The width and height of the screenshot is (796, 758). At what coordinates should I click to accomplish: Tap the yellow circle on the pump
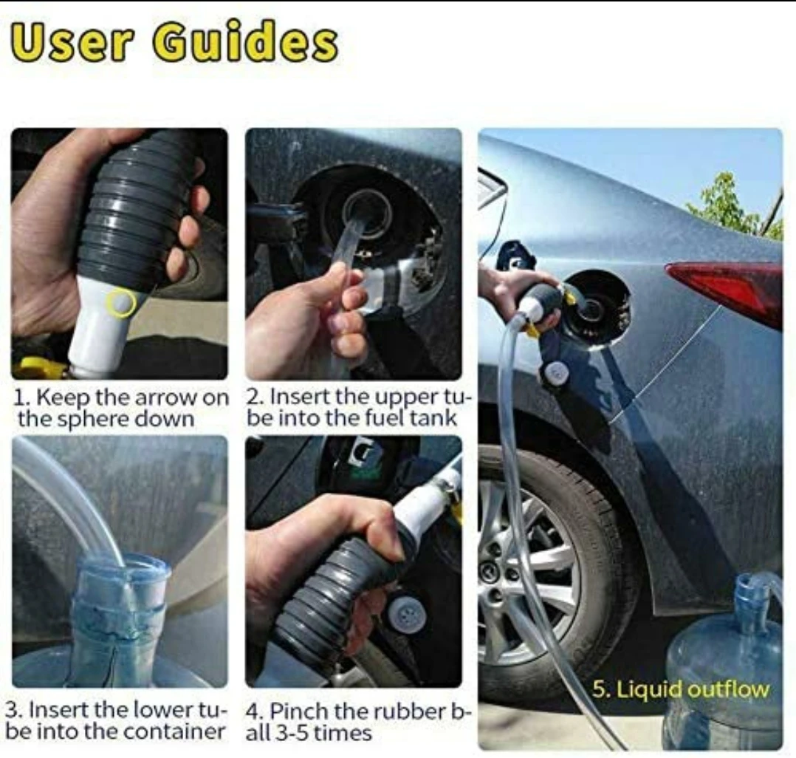[x=120, y=303]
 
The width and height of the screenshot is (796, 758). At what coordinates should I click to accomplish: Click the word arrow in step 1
[x=165, y=397]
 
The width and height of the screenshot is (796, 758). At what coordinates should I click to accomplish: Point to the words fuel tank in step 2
[x=411, y=419]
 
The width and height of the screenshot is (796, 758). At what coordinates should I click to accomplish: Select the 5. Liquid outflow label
[x=681, y=690]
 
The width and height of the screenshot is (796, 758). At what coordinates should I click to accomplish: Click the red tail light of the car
[x=726, y=290]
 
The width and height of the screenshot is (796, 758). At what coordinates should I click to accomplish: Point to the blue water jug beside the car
[x=725, y=660]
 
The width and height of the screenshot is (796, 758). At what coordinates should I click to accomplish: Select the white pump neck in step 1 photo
[x=104, y=325]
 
